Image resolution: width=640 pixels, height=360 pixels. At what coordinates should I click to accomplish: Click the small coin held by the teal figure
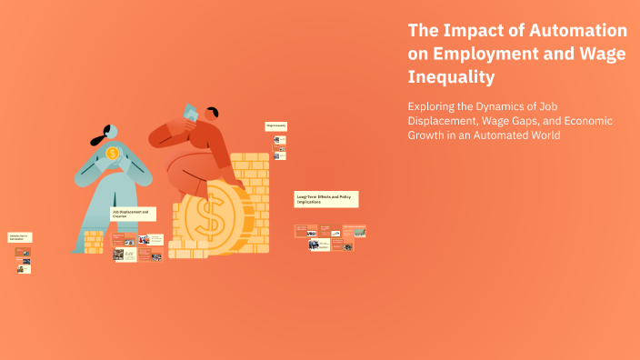112,153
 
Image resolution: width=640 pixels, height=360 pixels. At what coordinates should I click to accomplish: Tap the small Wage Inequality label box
275,125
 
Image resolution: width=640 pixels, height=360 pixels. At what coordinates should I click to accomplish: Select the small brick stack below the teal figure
94,241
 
